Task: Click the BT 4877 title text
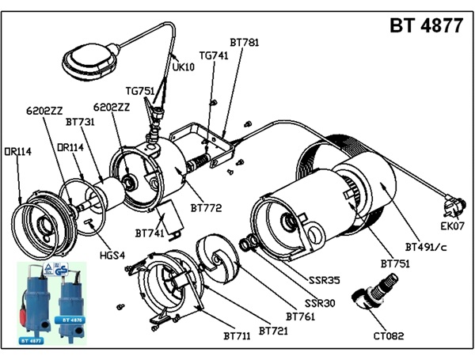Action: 426,25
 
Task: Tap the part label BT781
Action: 244,42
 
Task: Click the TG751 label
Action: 140,90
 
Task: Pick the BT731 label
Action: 81,123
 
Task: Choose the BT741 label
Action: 150,233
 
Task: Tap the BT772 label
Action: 205,208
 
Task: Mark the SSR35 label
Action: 325,280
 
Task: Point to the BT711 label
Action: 237,336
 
